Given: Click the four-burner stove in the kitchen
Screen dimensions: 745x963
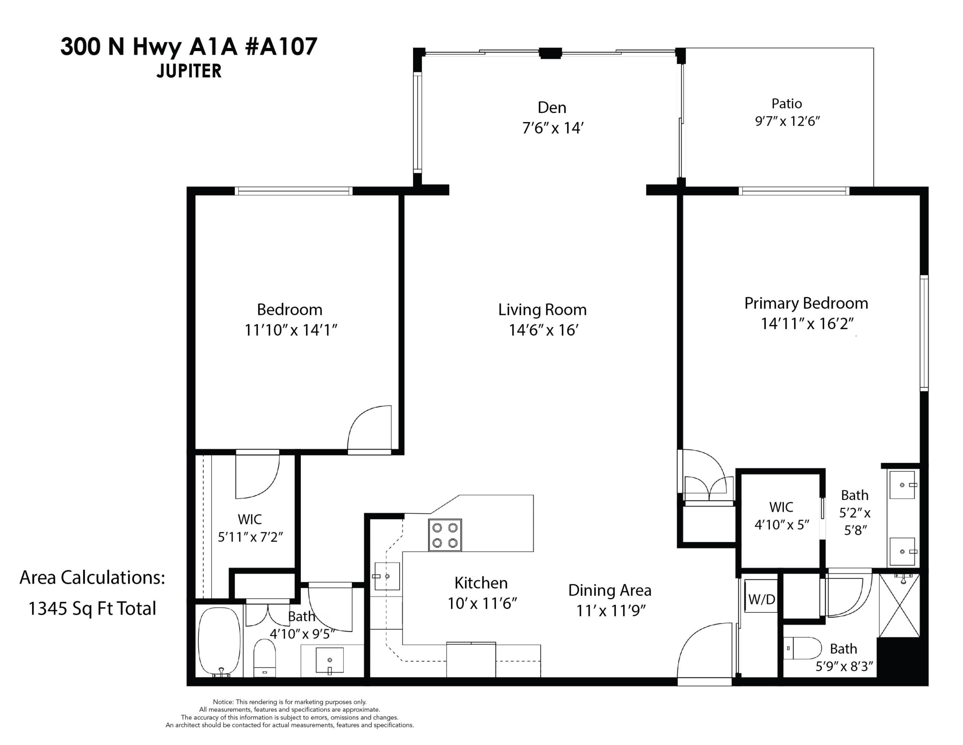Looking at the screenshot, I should [x=445, y=535].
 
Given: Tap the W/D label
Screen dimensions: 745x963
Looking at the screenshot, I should [x=761, y=599].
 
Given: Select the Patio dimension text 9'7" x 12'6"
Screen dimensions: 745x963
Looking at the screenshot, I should [x=787, y=121].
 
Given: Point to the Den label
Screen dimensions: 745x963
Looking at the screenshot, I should [x=552, y=108].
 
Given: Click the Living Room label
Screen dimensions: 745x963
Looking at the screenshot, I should [x=542, y=310].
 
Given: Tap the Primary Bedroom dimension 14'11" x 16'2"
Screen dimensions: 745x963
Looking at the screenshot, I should [x=807, y=324].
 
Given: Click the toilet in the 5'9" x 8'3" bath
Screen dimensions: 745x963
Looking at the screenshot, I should [x=804, y=648].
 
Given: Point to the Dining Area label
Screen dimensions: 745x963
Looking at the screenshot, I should [x=609, y=590].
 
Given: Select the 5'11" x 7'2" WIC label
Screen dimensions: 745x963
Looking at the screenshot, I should [x=250, y=537].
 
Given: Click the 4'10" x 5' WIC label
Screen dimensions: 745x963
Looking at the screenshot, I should [x=781, y=525].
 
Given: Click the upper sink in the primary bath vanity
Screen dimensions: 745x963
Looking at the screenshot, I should [x=902, y=485].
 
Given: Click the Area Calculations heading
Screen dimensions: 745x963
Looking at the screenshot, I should [x=92, y=578].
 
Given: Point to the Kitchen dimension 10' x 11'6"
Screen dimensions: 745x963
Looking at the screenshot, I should [x=482, y=603].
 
